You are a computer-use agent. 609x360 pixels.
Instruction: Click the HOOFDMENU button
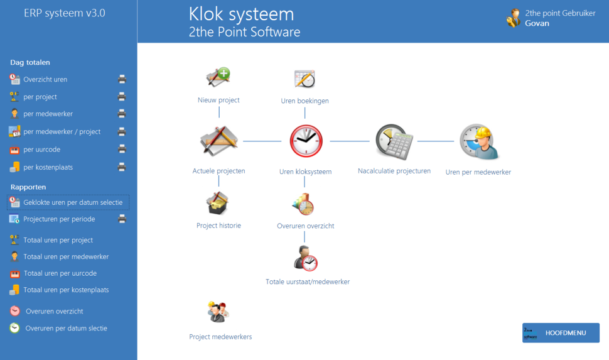[561, 333]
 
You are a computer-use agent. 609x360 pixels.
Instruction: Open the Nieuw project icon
[218, 77]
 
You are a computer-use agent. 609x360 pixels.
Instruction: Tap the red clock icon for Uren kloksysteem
[306, 141]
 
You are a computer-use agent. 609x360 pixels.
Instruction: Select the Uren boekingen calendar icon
[304, 79]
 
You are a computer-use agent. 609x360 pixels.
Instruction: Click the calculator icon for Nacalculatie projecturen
[394, 142]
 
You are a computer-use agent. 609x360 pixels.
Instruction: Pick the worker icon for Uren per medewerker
[478, 142]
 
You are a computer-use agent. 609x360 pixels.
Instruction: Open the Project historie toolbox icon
[218, 203]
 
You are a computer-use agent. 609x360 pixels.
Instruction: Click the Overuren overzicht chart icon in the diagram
[303, 204]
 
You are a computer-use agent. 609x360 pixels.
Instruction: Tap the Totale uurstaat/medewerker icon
[306, 258]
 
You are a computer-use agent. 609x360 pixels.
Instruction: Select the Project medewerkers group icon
[218, 312]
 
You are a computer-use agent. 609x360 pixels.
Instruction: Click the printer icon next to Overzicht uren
[122, 79]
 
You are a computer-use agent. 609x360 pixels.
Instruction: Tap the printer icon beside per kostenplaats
[122, 167]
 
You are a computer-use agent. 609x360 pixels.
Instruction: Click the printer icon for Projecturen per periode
[122, 219]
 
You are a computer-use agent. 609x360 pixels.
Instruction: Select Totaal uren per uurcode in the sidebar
[60, 273]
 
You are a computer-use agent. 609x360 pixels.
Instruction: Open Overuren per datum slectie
[66, 328]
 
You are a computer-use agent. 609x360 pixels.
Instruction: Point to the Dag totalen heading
[30, 62]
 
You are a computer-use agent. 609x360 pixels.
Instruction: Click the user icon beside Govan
[514, 18]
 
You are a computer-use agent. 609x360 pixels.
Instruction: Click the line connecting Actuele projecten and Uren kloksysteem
[262, 141]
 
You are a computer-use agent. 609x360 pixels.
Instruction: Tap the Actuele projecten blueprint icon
[218, 141]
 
